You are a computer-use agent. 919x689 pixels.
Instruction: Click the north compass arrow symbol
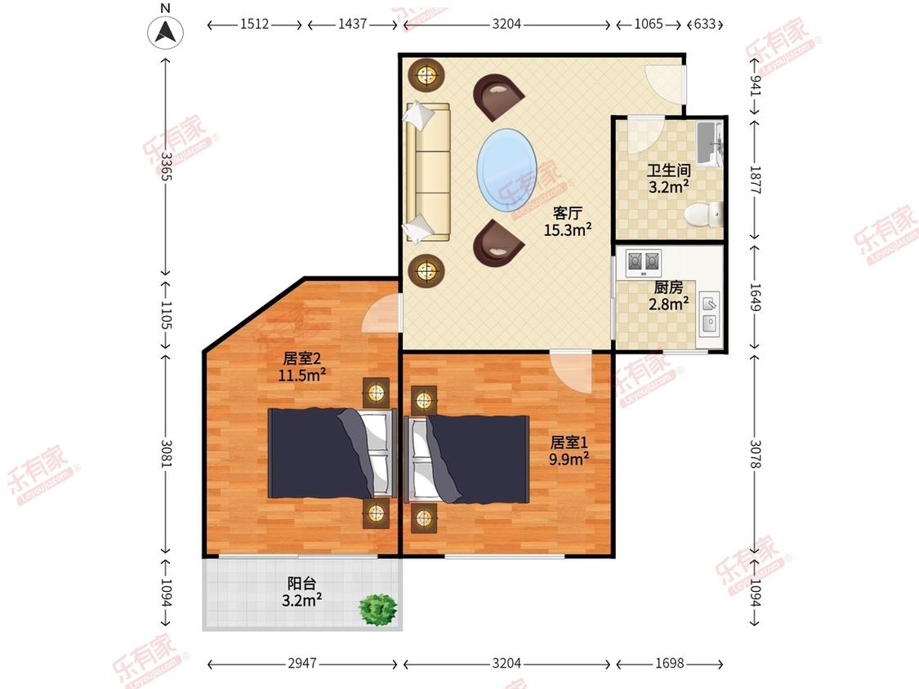pos(165,32)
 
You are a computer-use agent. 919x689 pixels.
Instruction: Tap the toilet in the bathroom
pos(704,215)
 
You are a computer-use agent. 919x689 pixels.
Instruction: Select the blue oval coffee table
pos(507,170)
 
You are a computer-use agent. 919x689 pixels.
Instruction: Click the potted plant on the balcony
pos(378,610)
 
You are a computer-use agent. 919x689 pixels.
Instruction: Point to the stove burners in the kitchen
pos(644,263)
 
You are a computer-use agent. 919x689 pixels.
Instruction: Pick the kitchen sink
pos(709,313)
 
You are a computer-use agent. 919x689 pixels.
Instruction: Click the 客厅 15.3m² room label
pos(568,221)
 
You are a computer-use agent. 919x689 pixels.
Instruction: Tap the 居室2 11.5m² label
pos(301,367)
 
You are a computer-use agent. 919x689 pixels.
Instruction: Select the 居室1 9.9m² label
pos(569,451)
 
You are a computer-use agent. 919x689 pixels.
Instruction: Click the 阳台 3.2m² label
pos(301,592)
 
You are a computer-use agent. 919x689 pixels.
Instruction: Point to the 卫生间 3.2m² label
pos(669,179)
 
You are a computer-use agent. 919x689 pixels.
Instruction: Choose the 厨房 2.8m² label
pos(669,296)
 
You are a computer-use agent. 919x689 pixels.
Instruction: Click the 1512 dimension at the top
pos(254,24)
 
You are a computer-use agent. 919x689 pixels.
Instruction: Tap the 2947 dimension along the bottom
pos(302,663)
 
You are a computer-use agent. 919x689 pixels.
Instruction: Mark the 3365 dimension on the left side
pos(166,167)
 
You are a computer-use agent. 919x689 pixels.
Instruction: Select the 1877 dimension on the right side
pos(755,180)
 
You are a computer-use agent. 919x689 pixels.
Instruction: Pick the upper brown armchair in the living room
pos(497,96)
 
